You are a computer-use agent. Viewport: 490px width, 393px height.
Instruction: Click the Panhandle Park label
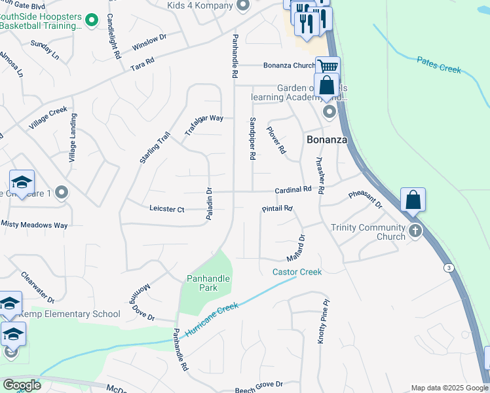point(208,283)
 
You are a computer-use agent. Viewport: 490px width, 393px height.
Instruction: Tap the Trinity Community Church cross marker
point(415,231)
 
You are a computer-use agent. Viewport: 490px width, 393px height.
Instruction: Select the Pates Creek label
point(439,64)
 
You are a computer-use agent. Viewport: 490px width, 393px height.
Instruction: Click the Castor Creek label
point(297,272)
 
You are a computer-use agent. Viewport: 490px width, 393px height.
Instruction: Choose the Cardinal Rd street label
point(293,189)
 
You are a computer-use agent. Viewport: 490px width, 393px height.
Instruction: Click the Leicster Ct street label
point(167,209)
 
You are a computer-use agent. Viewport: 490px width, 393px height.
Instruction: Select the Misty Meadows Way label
point(35,225)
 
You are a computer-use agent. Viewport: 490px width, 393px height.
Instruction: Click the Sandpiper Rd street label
point(252,139)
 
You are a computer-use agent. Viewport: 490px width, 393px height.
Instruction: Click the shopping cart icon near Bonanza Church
point(327,66)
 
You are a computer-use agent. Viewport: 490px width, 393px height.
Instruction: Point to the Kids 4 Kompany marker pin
point(243,7)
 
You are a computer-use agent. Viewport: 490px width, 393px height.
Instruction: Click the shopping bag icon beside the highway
point(413,199)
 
